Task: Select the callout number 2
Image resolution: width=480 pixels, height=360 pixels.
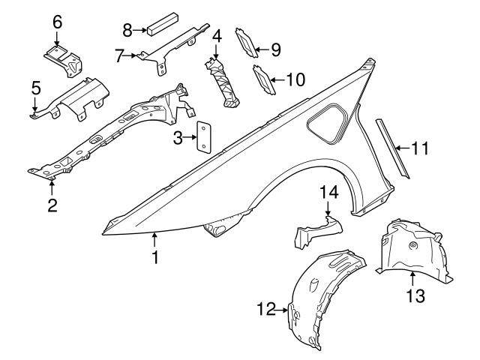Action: [x=52, y=204]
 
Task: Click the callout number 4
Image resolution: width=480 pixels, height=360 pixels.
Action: [x=217, y=36]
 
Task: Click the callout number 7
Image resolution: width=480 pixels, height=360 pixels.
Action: [x=119, y=54]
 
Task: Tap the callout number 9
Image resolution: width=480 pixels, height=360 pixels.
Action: [x=275, y=50]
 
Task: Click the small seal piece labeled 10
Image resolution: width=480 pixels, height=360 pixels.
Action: [x=263, y=81]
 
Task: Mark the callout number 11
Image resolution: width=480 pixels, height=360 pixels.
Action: [x=420, y=148]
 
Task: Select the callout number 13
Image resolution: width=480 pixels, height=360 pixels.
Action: [x=415, y=296]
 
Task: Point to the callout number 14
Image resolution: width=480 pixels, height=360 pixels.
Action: [x=328, y=193]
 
